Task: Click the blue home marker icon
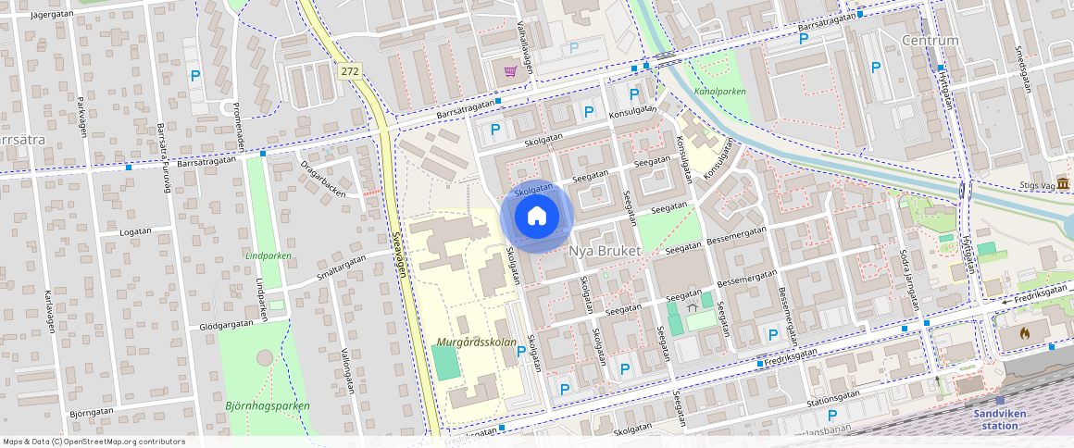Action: point(537,217)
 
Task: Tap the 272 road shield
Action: point(349,70)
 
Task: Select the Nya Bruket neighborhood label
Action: point(605,252)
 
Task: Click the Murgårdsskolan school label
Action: point(476,342)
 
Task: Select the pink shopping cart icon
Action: point(510,70)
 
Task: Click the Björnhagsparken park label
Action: point(268,405)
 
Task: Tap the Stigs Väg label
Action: point(1036,185)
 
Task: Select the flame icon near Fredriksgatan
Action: point(1023,331)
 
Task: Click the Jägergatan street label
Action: point(51,14)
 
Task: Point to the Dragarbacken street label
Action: point(322,180)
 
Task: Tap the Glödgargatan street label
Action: point(228,327)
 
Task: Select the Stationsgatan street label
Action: point(833,396)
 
